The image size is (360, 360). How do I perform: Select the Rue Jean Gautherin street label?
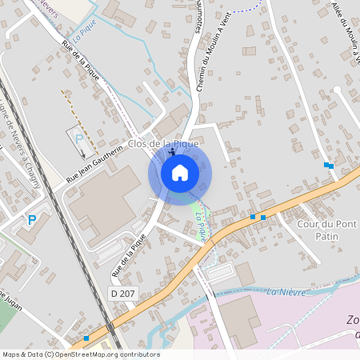(x=94, y=162)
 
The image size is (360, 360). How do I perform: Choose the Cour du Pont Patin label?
(x=326, y=230)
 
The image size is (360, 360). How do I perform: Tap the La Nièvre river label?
(x=286, y=291)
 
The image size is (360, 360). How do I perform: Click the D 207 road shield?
(x=122, y=294)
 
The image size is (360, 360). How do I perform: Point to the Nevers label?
(x=48, y=8)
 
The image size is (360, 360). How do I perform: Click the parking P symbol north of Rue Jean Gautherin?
(x=79, y=138)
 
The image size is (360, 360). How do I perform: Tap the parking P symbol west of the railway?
(x=32, y=220)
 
